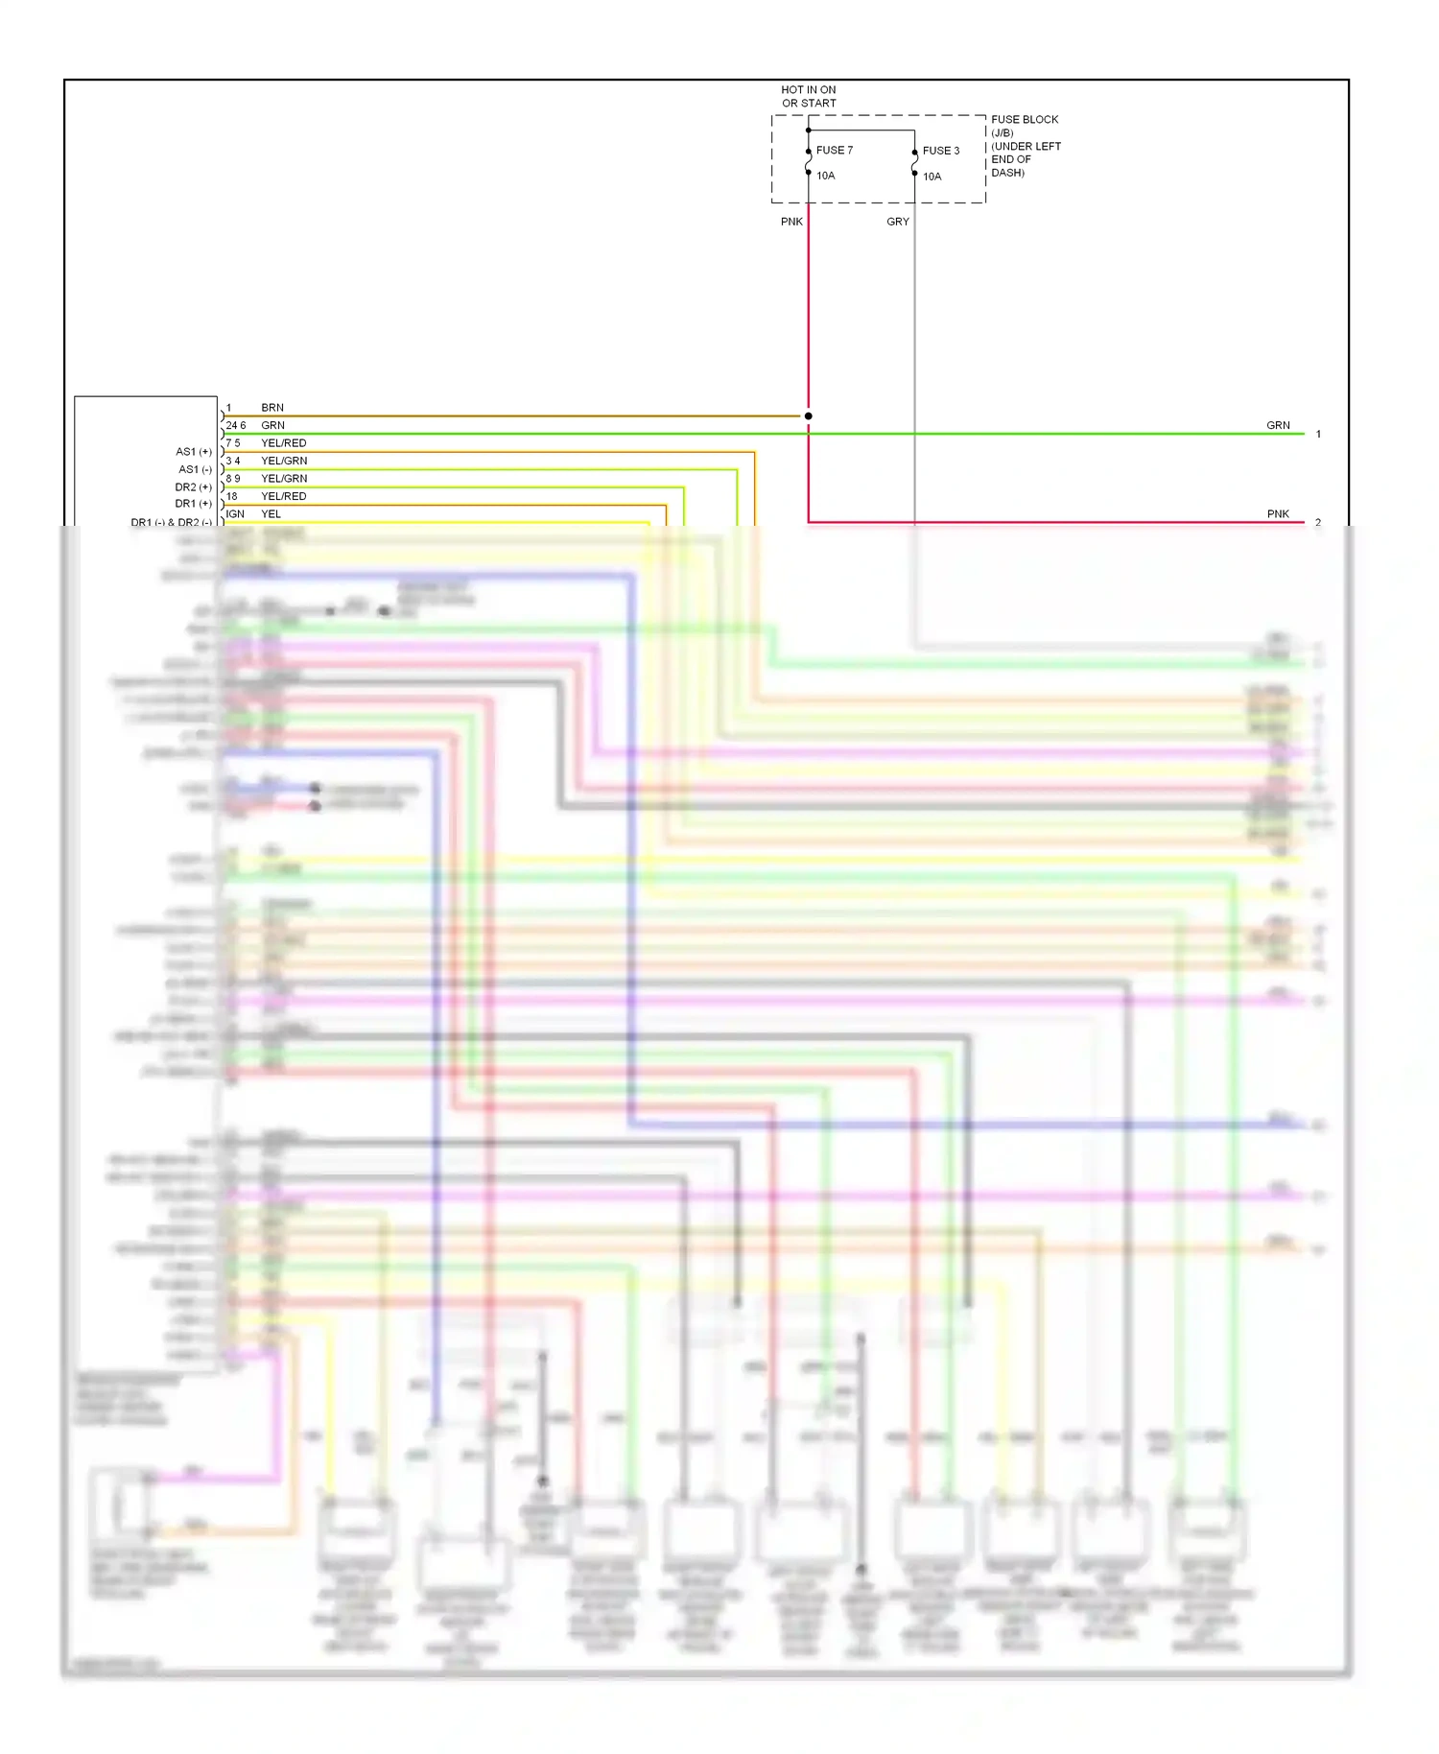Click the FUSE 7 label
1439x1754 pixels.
tap(834, 151)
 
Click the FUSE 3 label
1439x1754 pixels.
tap(940, 151)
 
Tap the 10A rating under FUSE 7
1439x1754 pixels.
tap(825, 176)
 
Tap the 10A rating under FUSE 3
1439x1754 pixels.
tap(932, 177)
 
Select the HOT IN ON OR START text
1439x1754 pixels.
tap(809, 97)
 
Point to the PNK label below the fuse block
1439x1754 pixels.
tap(791, 222)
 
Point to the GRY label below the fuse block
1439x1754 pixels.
tap(898, 222)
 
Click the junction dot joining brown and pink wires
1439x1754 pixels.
tap(809, 416)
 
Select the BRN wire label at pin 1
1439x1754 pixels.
tap(272, 408)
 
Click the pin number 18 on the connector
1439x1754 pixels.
tap(231, 496)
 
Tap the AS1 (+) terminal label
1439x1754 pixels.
tap(194, 452)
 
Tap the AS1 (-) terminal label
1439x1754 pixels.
tap(195, 470)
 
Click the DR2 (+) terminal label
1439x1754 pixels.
tap(193, 487)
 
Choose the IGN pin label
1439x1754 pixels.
tap(235, 514)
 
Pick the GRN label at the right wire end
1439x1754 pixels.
tap(1278, 425)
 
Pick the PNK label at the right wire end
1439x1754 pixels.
tap(1278, 514)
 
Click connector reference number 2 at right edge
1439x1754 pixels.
tap(1318, 523)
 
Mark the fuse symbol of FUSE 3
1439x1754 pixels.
tap(914, 163)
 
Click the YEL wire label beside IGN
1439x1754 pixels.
tap(271, 514)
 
